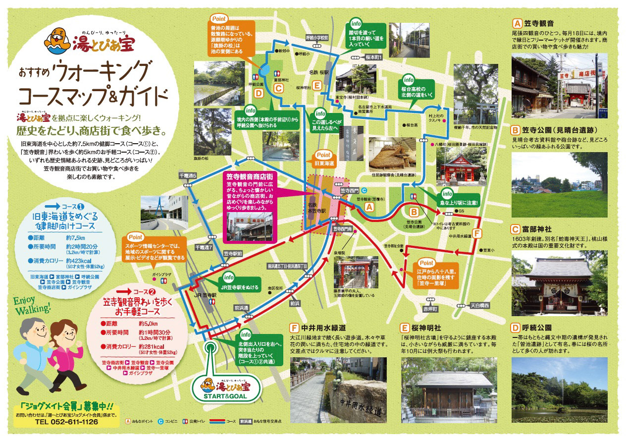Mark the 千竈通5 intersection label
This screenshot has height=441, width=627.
coord(188,175)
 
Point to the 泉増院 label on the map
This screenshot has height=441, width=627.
coord(340,252)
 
